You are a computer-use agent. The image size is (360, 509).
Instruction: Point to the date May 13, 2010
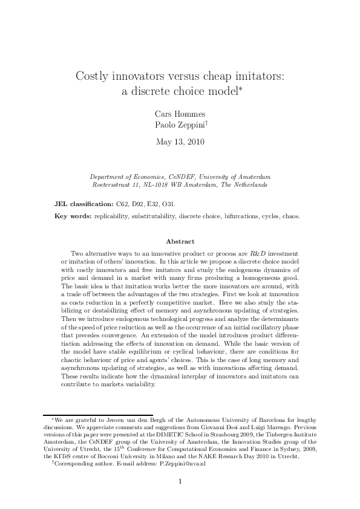click(180, 143)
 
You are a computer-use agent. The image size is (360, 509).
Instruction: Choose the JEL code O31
click(170, 205)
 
